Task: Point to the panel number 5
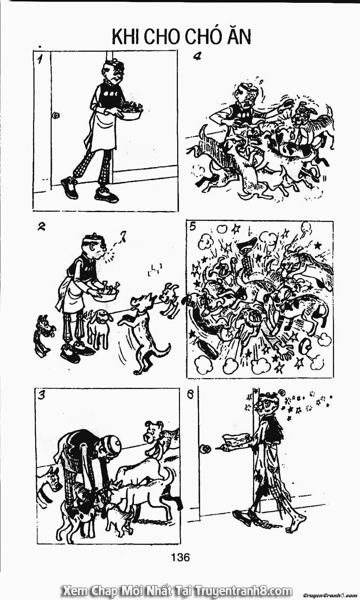coord(192,227)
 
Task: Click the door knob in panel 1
coord(56,116)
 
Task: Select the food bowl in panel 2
coord(106,295)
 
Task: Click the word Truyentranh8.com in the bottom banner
coord(243,591)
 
